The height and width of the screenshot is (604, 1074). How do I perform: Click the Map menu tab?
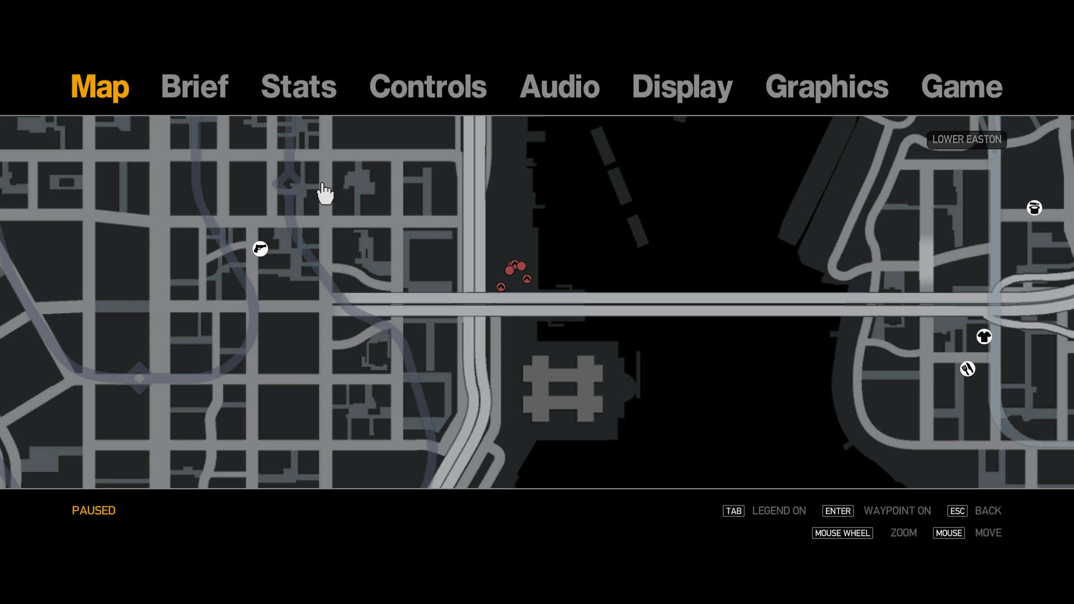point(100,87)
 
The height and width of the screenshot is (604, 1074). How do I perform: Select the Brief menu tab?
point(195,87)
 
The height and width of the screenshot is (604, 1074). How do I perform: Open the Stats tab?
point(299,87)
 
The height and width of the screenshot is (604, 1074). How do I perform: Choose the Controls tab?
point(428,87)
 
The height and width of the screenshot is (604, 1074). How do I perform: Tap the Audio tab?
point(559,87)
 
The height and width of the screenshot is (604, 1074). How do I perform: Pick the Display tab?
point(682,87)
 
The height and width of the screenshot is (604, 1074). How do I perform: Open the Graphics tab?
point(827,87)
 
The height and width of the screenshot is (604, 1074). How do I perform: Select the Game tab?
point(962,87)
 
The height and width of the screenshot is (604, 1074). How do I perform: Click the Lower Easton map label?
point(967,140)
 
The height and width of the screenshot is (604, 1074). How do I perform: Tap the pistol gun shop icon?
point(260,248)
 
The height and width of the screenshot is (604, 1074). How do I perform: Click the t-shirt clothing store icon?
point(984,337)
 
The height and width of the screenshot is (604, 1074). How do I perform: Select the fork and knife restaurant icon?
point(968,369)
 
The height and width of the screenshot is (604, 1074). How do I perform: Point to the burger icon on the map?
point(1034,208)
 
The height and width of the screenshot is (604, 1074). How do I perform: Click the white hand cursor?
point(325,194)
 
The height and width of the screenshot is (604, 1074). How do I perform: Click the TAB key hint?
point(733,511)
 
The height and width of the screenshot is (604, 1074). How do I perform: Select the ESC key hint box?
point(957,511)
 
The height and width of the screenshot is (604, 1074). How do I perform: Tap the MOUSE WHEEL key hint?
point(842,534)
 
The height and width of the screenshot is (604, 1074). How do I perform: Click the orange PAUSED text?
point(93,511)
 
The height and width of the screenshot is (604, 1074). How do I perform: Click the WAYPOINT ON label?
point(897,511)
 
